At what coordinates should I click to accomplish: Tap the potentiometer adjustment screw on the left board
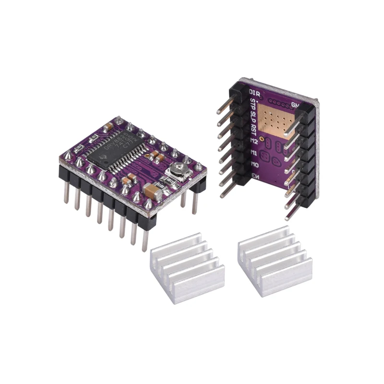(176, 168)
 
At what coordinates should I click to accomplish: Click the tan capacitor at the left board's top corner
(108, 126)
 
